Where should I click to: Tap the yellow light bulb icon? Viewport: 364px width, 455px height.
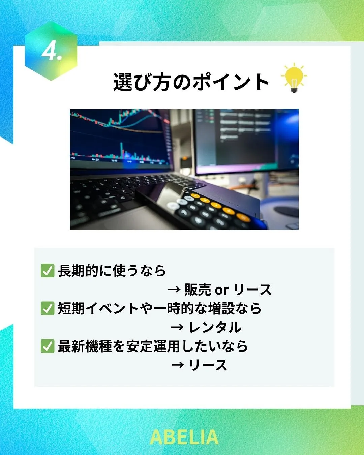click(294, 78)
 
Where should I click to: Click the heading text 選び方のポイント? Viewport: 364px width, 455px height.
click(191, 82)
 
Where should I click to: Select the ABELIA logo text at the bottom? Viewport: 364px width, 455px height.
click(184, 437)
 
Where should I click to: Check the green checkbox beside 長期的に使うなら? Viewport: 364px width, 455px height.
click(48, 270)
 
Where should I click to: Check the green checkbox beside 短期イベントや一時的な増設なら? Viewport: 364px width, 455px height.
click(48, 308)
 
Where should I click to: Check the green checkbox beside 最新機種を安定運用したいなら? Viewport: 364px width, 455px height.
click(48, 346)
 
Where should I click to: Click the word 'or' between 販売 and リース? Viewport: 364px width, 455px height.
click(222, 290)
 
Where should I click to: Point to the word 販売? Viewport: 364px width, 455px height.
click(198, 290)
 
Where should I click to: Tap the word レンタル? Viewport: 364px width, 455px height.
click(215, 327)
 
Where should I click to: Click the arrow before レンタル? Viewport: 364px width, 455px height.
click(177, 327)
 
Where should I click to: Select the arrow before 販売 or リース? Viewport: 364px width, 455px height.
click(174, 290)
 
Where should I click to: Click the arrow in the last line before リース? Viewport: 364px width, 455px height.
click(177, 365)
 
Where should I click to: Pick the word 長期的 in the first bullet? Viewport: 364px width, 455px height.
click(78, 270)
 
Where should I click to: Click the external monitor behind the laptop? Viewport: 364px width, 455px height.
click(245, 142)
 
